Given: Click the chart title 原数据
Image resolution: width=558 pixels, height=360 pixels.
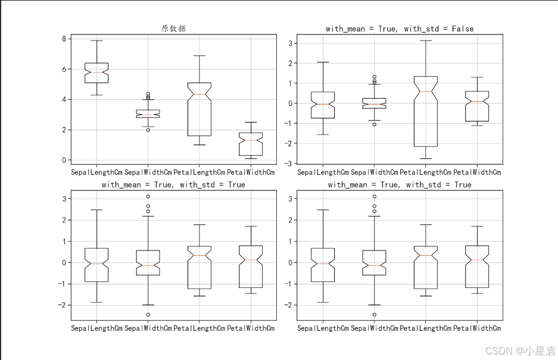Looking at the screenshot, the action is [x=173, y=29].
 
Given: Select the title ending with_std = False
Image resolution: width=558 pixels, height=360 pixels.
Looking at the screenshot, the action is [x=400, y=29].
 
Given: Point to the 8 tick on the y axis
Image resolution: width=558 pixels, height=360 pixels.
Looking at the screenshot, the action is [x=64, y=39].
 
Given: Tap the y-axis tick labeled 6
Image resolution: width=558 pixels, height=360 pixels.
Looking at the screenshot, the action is [x=64, y=70].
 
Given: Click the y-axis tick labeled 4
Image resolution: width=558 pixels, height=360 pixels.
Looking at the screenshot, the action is [x=64, y=100].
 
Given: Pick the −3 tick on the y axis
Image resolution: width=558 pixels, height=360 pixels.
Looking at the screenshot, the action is [x=290, y=163].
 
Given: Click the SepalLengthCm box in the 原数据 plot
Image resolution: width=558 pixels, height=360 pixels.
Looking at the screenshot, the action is [x=96, y=73].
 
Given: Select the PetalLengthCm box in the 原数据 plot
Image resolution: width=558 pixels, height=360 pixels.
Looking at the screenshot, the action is [x=199, y=109].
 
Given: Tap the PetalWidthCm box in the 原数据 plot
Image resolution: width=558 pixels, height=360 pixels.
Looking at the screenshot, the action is [x=251, y=143].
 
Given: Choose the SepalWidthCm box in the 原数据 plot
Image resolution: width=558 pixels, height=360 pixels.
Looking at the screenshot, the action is [x=148, y=114].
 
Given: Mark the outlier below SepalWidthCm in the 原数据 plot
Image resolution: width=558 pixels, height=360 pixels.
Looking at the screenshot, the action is [x=148, y=130].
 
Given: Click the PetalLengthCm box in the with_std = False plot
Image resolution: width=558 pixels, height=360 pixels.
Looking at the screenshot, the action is [x=425, y=111].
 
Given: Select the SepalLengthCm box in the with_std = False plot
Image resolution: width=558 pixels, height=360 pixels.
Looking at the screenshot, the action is [x=323, y=105].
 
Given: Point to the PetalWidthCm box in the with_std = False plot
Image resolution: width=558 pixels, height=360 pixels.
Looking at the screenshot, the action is [x=476, y=106].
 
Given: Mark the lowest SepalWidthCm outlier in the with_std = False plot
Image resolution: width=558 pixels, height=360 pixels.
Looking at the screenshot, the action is [x=374, y=124].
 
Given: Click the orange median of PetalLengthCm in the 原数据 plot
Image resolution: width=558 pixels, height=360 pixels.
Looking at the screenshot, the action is [x=199, y=94].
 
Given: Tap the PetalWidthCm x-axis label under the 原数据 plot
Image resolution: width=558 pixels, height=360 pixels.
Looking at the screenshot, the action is [x=251, y=173].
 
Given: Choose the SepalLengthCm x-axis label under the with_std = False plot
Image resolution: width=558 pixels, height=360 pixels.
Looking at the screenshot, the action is [x=323, y=173].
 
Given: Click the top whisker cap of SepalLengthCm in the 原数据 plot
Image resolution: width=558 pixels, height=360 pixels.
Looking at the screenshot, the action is [x=96, y=40].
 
